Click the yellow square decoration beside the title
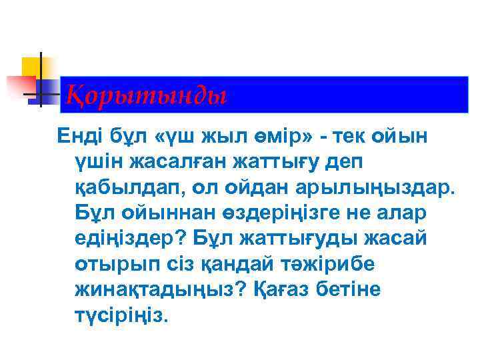tap(31, 67)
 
